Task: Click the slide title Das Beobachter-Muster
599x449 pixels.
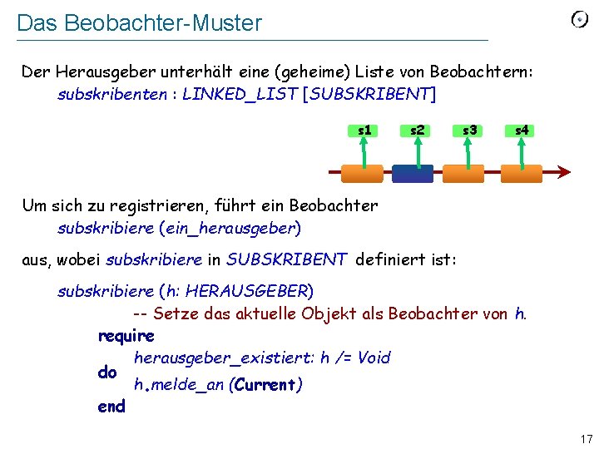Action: tap(139, 23)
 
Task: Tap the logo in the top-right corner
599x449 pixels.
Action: tap(580, 19)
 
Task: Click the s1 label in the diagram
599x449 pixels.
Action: tap(364, 130)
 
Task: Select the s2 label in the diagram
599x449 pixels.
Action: tap(417, 130)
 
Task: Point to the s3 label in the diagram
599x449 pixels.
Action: tap(469, 130)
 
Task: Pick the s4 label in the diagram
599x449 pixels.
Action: tap(522, 130)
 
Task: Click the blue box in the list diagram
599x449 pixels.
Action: tap(413, 173)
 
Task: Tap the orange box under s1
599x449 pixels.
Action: tap(363, 173)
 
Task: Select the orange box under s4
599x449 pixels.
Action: tap(522, 173)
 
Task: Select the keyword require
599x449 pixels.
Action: tap(126, 337)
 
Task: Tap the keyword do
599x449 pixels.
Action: tap(107, 373)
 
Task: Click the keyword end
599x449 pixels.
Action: tap(111, 407)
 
